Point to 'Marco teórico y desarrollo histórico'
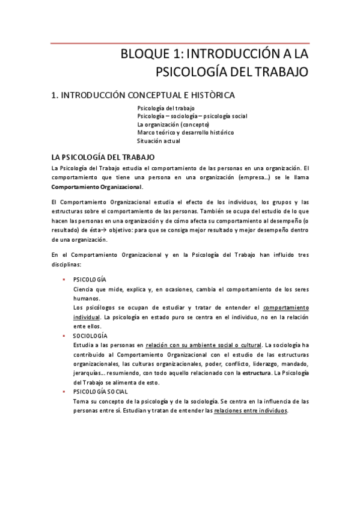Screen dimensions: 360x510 pos(185,132)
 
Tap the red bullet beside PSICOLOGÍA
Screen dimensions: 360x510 pos(63,279)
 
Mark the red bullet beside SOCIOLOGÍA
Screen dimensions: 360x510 pos(63,336)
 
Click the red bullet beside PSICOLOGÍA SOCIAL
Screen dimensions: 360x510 pos(63,392)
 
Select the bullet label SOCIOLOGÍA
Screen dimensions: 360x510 pos(90,336)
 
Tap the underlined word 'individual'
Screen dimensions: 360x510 pos(86,316)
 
